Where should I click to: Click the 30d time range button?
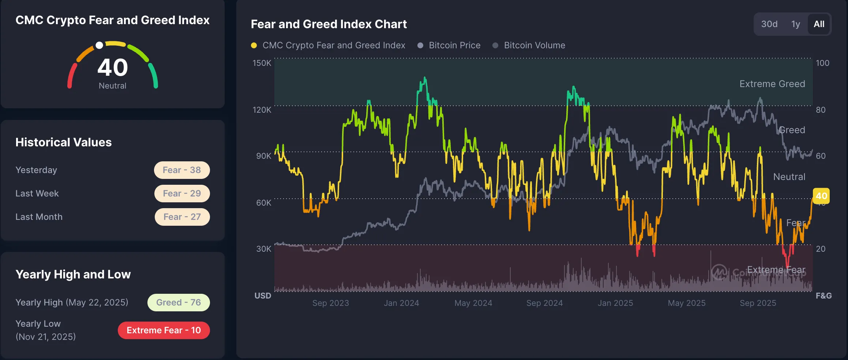pyautogui.click(x=769, y=24)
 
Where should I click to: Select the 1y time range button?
pyautogui.click(x=795, y=24)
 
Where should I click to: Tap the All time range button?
pyautogui.click(x=819, y=24)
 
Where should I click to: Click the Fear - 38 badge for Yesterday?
pyautogui.click(x=182, y=170)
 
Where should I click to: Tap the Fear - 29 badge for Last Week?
pyautogui.click(x=182, y=194)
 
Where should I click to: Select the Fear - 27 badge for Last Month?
pyautogui.click(x=182, y=217)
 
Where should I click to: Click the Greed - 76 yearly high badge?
pyautogui.click(x=179, y=303)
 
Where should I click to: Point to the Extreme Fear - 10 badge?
pyautogui.click(x=164, y=330)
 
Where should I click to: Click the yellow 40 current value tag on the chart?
pyautogui.click(x=821, y=196)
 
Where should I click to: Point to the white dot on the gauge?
pyautogui.click(x=99, y=45)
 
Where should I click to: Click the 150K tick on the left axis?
pyautogui.click(x=262, y=63)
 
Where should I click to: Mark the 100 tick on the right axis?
pyautogui.click(x=822, y=63)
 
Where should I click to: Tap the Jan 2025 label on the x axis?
pyautogui.click(x=615, y=303)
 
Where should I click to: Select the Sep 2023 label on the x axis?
pyautogui.click(x=330, y=303)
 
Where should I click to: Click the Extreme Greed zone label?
pyautogui.click(x=772, y=84)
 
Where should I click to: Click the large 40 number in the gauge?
pyautogui.click(x=113, y=68)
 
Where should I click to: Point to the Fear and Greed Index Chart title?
pyautogui.click(x=329, y=24)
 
